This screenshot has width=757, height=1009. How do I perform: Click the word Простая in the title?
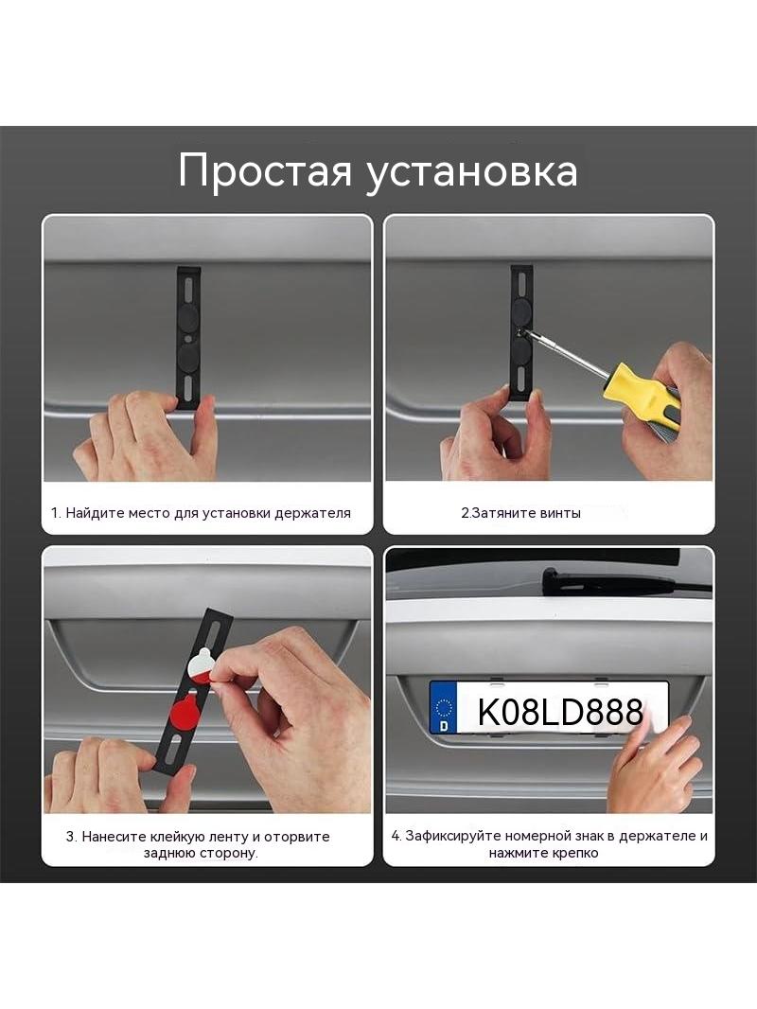(x=266, y=171)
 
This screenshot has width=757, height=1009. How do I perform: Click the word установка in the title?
(x=472, y=172)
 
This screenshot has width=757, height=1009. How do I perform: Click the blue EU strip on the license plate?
(x=443, y=706)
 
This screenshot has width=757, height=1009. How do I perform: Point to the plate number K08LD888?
(x=560, y=712)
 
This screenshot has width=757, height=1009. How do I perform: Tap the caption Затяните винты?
(x=520, y=513)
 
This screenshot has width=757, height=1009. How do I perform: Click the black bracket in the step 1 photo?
(x=188, y=338)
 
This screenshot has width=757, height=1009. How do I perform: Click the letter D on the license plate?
(x=443, y=725)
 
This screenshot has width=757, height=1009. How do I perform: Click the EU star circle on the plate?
(x=444, y=707)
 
